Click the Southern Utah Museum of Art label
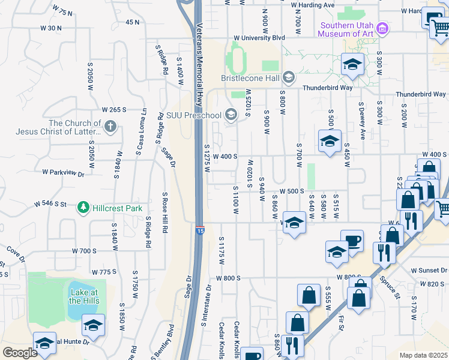click(x=346, y=29)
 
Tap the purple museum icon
click(x=382, y=27)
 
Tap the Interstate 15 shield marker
click(x=199, y=230)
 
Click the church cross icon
click(x=109, y=126)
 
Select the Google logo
click(x=20, y=353)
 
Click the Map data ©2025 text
click(x=424, y=355)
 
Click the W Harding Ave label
click(x=312, y=5)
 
